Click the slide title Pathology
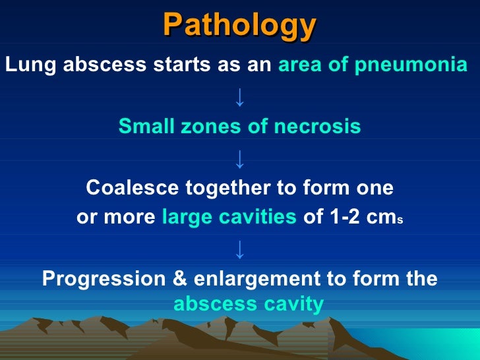coord(240,26)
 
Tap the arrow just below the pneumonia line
coord(239,98)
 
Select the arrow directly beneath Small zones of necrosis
coord(239,158)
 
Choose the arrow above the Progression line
coord(239,249)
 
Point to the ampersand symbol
coord(179,279)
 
